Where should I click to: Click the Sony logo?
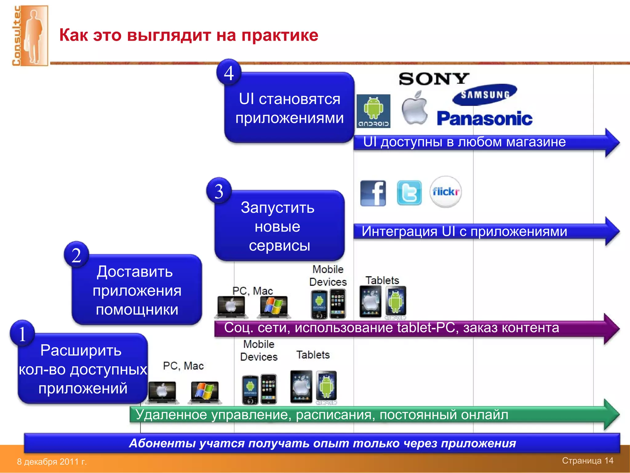[x=434, y=79]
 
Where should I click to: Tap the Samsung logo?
[x=485, y=95]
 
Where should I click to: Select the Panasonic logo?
[x=484, y=119]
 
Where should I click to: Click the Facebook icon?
[x=373, y=193]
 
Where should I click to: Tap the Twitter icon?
[x=409, y=193]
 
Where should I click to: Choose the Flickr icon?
[x=445, y=192]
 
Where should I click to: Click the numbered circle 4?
[x=229, y=73]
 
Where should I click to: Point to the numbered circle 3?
[x=219, y=191]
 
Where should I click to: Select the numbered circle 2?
[x=77, y=255]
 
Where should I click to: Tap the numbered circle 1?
[x=22, y=334]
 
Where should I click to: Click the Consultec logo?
[x=30, y=35]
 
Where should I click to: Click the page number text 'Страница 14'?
[x=588, y=460]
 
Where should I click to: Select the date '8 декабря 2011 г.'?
[x=52, y=462]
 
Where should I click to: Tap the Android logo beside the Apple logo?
[x=373, y=111]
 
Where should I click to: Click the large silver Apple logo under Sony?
[x=415, y=108]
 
